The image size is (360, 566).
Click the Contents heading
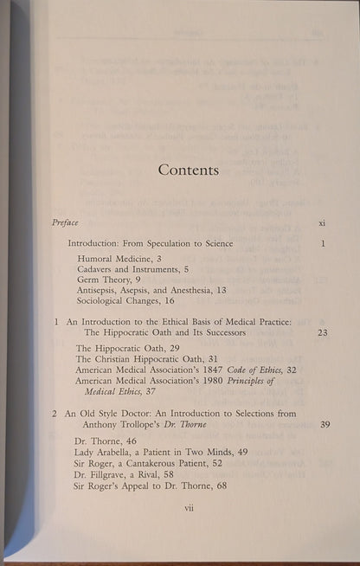(188, 170)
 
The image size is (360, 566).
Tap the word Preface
(66, 222)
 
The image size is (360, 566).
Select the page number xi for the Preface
(321, 223)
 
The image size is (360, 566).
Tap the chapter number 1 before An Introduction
(55, 346)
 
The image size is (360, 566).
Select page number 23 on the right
(322, 357)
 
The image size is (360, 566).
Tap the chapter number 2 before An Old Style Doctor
(55, 414)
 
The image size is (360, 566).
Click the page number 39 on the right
(323, 425)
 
